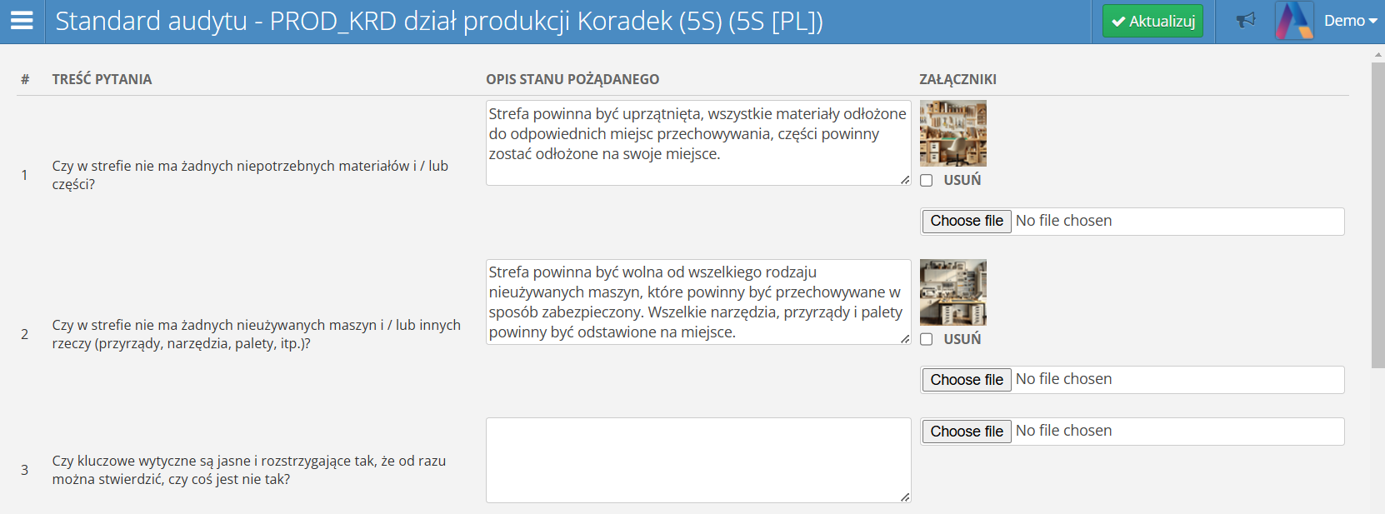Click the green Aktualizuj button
click(1152, 22)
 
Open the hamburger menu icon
click(22, 21)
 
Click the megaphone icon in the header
click(1246, 21)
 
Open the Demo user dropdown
click(1350, 21)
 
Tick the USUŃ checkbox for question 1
click(926, 181)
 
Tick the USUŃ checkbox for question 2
click(926, 339)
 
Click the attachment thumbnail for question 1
click(952, 133)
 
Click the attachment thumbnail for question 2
click(952, 292)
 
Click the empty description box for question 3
click(698, 460)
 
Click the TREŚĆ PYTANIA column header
click(102, 80)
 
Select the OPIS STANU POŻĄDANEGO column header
click(572, 80)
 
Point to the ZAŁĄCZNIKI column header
click(957, 80)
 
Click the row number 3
click(25, 470)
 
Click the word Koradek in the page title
click(624, 22)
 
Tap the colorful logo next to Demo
click(1294, 21)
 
